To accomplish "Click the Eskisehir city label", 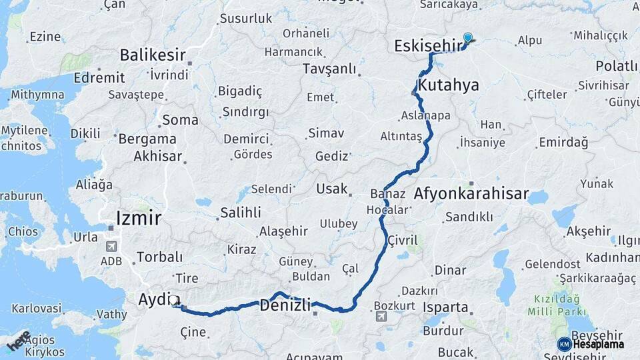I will point(428,45).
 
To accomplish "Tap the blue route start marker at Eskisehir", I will point(468,39).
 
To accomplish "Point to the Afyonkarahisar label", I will point(471,195).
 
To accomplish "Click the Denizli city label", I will point(285,306).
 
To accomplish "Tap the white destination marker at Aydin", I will point(175,301).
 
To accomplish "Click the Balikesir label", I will point(152,54).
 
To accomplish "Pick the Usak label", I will point(332,189).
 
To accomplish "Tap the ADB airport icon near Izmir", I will point(111,246).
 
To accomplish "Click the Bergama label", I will point(147,139).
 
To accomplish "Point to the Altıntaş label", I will point(401,136).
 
